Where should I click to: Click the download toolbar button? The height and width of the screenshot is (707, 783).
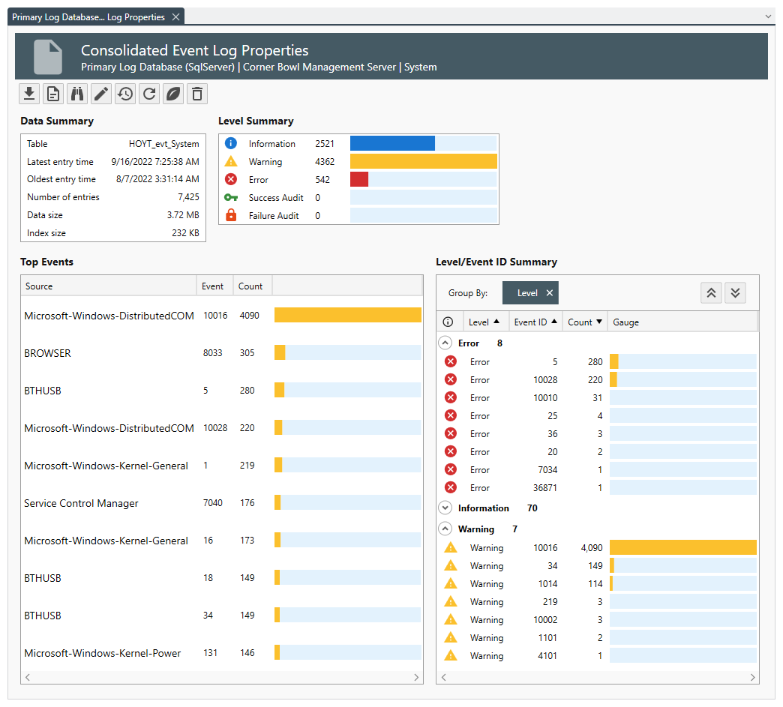pyautogui.click(x=29, y=94)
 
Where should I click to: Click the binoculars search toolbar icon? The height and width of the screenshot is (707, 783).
pyautogui.click(x=77, y=94)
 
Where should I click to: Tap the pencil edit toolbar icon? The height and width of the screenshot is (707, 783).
pyautogui.click(x=101, y=94)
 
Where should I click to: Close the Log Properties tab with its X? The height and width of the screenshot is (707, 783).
pyautogui.click(x=175, y=16)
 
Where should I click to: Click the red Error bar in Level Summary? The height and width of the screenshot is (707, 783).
pyautogui.click(x=359, y=179)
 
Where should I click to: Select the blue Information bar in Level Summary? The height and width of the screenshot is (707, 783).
pyautogui.click(x=392, y=143)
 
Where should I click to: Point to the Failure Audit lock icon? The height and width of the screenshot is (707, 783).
pyautogui.click(x=231, y=215)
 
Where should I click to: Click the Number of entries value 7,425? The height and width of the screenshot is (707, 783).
pyautogui.click(x=188, y=197)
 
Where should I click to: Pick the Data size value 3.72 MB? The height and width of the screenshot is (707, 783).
pyautogui.click(x=183, y=215)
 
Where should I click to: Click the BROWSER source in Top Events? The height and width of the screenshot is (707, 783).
pyautogui.click(x=48, y=353)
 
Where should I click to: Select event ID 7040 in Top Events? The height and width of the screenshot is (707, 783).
pyautogui.click(x=213, y=503)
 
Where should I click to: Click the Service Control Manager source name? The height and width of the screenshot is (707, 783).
pyautogui.click(x=81, y=503)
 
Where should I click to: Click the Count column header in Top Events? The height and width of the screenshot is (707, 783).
pyautogui.click(x=250, y=286)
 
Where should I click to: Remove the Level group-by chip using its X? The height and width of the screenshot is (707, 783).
pyautogui.click(x=549, y=293)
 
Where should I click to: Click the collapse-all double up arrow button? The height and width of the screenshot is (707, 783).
pyautogui.click(x=711, y=293)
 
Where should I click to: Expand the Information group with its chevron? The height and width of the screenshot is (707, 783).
pyautogui.click(x=445, y=508)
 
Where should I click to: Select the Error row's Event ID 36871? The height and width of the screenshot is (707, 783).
pyautogui.click(x=545, y=488)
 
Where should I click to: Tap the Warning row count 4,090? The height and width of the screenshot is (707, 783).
pyautogui.click(x=589, y=548)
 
